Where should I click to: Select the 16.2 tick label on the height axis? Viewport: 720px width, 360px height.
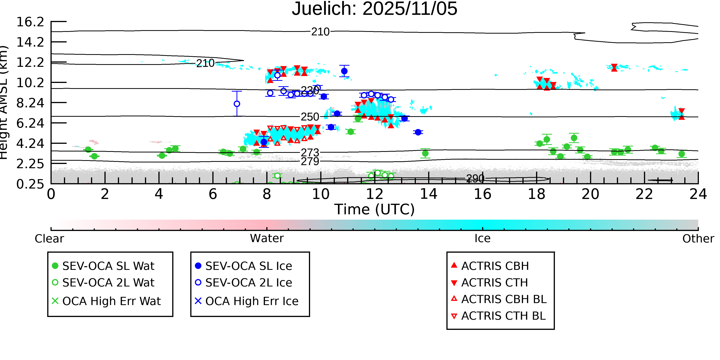[x=30, y=22]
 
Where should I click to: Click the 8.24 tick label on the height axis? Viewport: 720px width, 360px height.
[x=30, y=103]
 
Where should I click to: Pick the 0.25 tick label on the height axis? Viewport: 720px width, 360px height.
[x=30, y=184]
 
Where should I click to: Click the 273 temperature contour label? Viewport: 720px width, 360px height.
[x=310, y=153]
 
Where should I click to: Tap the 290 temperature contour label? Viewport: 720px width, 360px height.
[x=475, y=179]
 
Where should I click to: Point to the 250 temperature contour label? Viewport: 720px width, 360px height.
[x=310, y=117]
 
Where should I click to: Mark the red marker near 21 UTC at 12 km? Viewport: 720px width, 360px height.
[x=614, y=68]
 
